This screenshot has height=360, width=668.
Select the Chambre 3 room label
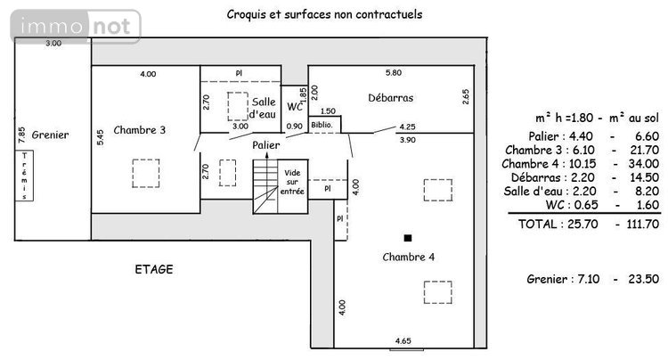pyautogui.click(x=140, y=130)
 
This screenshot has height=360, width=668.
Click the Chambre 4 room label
pyautogui.click(x=408, y=258)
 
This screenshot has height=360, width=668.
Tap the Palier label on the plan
pyautogui.click(x=265, y=144)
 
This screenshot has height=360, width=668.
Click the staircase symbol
pyautogui.click(x=265, y=185)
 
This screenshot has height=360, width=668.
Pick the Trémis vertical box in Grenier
pyautogui.click(x=24, y=176)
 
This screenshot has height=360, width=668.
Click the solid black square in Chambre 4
pyautogui.click(x=408, y=238)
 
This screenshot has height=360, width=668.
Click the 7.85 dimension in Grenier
pyautogui.click(x=12, y=135)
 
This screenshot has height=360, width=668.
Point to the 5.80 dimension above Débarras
pyautogui.click(x=393, y=72)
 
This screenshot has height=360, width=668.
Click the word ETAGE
pyautogui.click(x=153, y=268)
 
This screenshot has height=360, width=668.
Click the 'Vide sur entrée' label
pyautogui.click(x=292, y=182)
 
